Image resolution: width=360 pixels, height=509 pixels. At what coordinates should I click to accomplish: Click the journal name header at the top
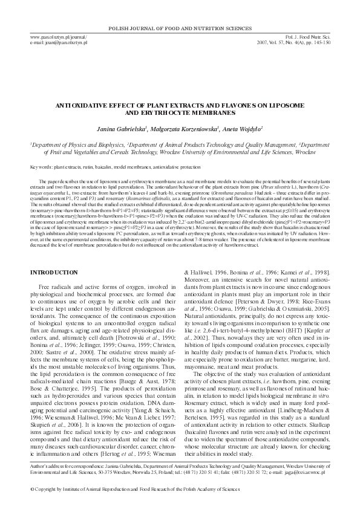coord(180,28)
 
